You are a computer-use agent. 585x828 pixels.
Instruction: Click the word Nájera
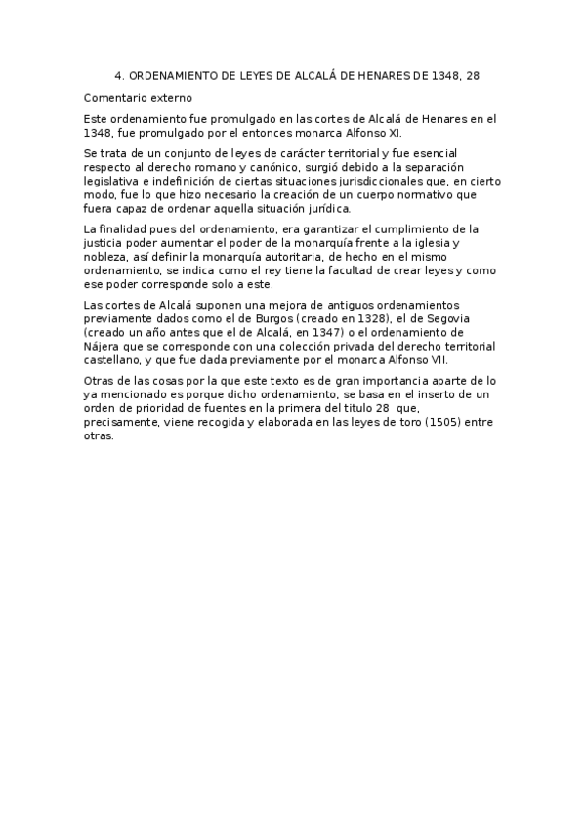104,346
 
